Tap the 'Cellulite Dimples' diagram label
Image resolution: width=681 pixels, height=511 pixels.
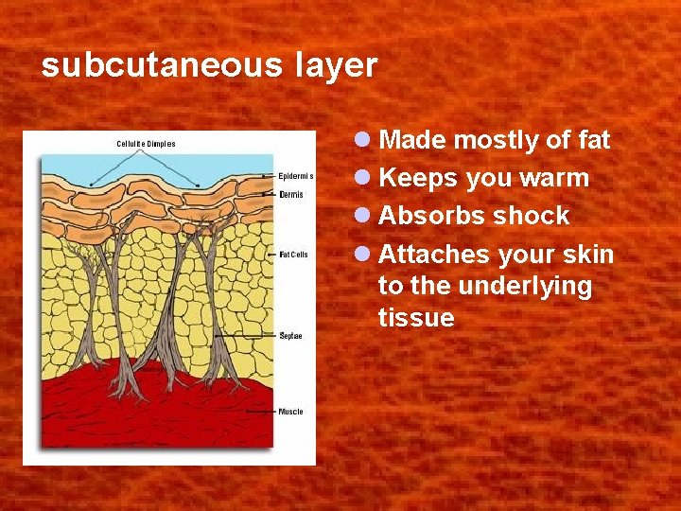point(146,144)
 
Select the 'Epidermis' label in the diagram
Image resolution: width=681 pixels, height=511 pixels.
point(296,176)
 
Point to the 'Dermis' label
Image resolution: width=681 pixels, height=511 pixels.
point(291,194)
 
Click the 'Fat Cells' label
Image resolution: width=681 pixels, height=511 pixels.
point(293,255)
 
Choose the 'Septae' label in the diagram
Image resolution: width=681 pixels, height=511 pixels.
point(291,336)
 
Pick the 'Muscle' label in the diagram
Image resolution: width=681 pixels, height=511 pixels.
point(291,412)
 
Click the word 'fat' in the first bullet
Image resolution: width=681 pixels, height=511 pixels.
point(592,141)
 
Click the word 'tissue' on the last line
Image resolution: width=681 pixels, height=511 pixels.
point(416,318)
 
